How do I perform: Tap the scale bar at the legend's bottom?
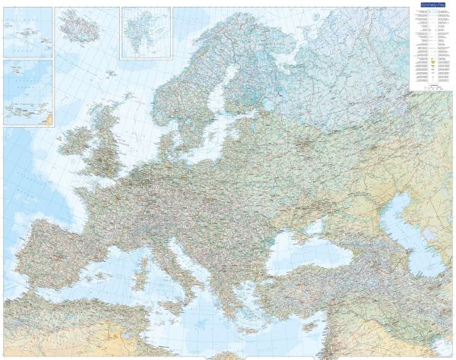coord(430,88)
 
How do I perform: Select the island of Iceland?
coord(79,29)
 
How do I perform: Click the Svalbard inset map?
coord(146,32)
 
